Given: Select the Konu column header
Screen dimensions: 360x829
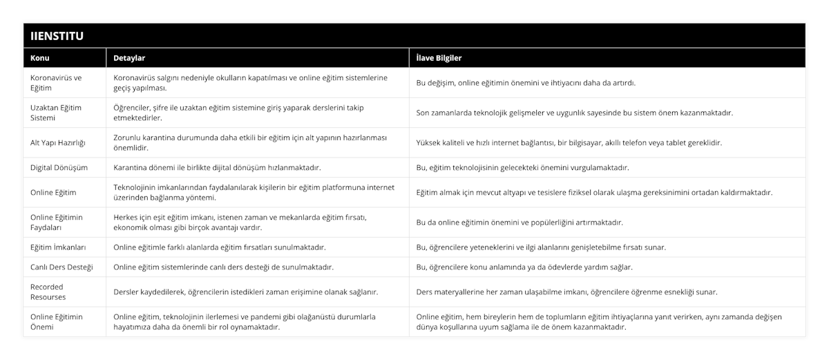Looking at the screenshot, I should tap(40, 58).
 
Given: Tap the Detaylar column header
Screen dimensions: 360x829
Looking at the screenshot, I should tap(129, 58).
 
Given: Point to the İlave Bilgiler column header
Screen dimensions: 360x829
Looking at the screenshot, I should tap(439, 58).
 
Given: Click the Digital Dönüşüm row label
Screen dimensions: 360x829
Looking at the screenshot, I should tap(59, 167).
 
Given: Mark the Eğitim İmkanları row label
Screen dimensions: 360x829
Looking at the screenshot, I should tap(59, 247).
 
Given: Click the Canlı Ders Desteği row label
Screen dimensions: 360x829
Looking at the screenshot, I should tap(62, 267).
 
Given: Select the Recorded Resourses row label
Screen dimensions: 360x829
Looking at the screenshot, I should tap(49, 292).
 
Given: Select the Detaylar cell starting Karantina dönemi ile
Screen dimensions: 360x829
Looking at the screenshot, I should tap(217, 167).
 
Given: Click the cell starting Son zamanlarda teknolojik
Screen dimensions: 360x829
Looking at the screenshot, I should tap(575, 113).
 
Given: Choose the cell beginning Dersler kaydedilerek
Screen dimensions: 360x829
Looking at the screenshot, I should tap(245, 292).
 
